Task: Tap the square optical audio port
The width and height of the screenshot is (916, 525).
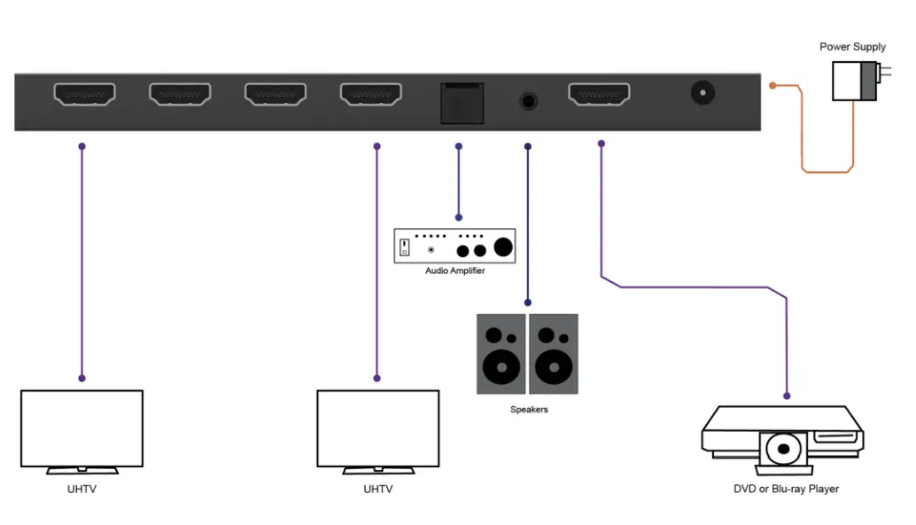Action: click(x=462, y=103)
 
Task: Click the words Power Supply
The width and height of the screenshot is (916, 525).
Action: click(x=852, y=47)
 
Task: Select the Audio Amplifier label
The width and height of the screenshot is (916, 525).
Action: click(x=454, y=270)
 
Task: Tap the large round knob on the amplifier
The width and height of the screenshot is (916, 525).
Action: click(x=503, y=247)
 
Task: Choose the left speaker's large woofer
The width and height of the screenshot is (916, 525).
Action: click(x=501, y=366)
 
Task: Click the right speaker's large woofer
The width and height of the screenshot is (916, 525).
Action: click(x=554, y=366)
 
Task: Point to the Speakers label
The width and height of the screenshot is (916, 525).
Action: click(x=529, y=410)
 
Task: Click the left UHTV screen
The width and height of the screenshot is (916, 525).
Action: click(x=82, y=427)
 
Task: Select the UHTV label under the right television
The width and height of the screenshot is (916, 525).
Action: click(x=377, y=489)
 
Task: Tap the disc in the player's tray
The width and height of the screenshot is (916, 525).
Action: click(x=782, y=450)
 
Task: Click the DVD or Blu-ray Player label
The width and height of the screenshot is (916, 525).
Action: click(x=786, y=489)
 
